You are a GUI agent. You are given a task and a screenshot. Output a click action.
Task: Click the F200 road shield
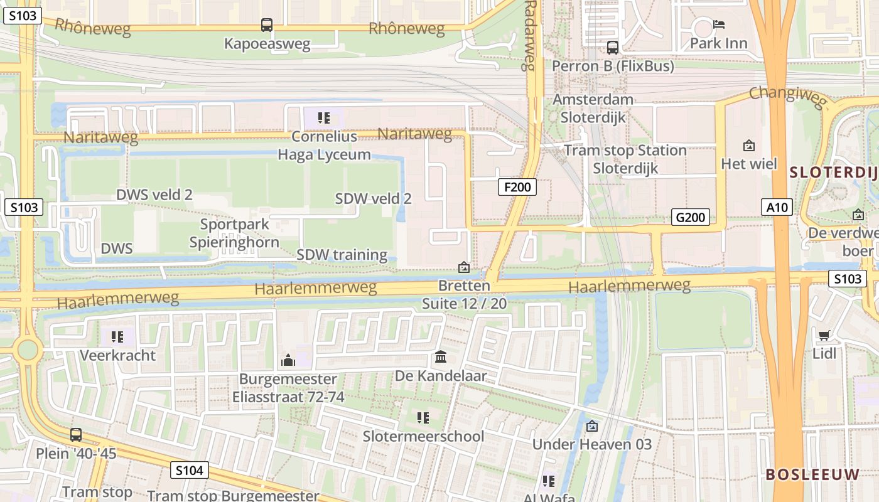(517, 186)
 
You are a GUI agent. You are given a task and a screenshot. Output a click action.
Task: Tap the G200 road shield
(691, 217)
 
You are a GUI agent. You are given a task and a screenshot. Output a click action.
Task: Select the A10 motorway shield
(777, 207)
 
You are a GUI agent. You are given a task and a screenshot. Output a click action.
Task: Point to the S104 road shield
(189, 470)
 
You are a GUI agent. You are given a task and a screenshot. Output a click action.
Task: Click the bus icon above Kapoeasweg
(267, 25)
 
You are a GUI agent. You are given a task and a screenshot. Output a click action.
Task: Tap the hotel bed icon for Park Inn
(719, 25)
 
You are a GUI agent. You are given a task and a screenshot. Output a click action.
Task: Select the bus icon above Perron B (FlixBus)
(612, 47)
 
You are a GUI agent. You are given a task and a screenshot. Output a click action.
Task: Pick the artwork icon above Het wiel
(748, 146)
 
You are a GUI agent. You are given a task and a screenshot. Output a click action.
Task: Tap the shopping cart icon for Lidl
(824, 335)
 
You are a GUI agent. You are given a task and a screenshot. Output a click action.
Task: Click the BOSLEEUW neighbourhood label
(812, 474)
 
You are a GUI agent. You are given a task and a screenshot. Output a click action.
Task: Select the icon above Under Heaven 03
(591, 426)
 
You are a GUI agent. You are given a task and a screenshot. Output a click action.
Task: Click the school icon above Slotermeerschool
(423, 417)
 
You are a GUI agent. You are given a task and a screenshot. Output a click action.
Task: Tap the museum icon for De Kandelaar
(441, 357)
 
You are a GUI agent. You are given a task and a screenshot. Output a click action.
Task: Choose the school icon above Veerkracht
(117, 337)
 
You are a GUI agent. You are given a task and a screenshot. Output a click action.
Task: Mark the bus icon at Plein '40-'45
(76, 434)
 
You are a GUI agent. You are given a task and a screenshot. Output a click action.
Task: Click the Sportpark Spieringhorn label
(234, 233)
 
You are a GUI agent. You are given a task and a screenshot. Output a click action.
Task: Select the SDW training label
(342, 255)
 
